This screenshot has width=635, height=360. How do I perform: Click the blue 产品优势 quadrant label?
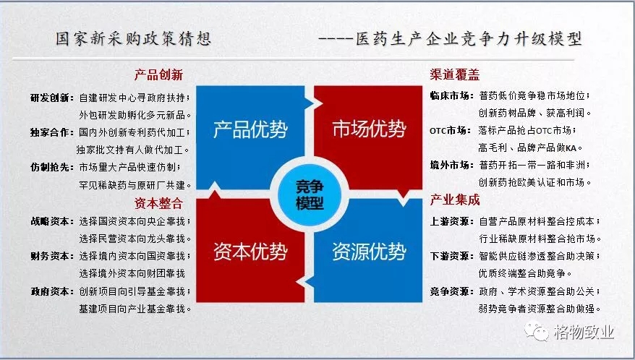(250, 129)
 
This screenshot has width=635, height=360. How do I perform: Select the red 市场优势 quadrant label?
(370, 129)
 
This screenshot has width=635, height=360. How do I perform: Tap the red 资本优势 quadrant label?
(250, 252)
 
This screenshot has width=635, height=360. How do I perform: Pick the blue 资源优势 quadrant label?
(370, 252)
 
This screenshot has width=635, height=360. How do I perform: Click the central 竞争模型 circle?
(310, 195)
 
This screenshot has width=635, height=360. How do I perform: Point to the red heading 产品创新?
(159, 75)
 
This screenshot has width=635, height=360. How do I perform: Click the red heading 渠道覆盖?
(455, 74)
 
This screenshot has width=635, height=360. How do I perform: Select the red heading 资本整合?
(159, 203)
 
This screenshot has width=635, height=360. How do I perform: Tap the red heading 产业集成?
(455, 200)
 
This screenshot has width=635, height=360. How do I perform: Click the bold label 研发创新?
(52, 98)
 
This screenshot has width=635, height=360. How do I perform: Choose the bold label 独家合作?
(52, 132)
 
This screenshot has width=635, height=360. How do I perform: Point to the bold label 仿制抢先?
(52, 167)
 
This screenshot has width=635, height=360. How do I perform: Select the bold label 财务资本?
(52, 257)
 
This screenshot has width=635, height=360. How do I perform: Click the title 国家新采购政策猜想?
(133, 39)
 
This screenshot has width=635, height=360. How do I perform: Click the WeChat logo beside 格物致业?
(537, 331)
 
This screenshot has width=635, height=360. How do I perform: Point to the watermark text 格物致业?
(584, 332)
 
